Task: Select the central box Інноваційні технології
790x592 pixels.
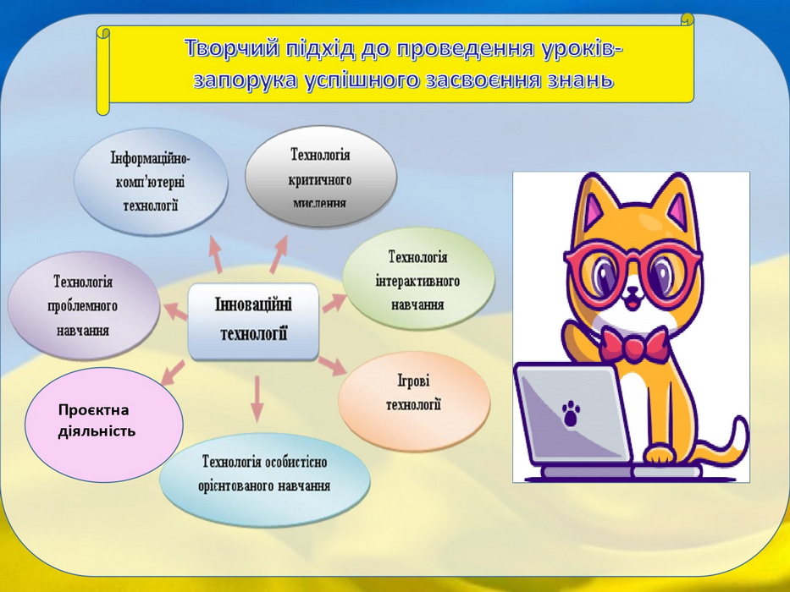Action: (x=253, y=321)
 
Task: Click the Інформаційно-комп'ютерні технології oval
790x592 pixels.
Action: (x=151, y=182)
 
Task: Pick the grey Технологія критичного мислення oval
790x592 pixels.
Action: (x=320, y=177)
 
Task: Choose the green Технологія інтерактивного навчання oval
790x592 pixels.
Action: (x=418, y=281)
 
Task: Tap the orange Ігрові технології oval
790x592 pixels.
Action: (x=414, y=400)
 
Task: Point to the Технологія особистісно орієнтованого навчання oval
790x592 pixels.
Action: (x=265, y=474)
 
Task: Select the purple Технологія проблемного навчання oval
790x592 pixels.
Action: (x=83, y=306)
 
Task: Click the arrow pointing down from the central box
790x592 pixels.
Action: (x=257, y=398)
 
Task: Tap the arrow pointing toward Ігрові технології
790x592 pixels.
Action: (x=332, y=365)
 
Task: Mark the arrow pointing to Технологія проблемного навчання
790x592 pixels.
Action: (x=174, y=310)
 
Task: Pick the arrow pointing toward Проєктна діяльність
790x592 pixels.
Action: (x=173, y=372)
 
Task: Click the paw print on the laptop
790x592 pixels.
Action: (x=571, y=414)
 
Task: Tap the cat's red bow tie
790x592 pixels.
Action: (x=635, y=347)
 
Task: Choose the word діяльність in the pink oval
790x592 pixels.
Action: (x=97, y=431)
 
